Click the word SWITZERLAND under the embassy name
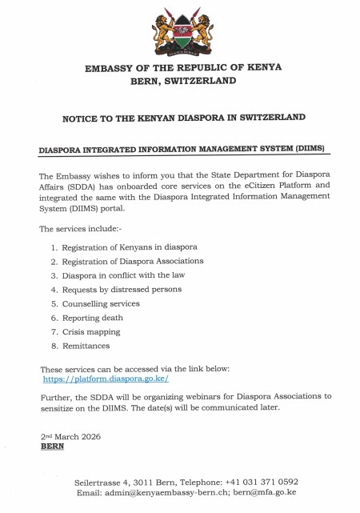(203, 81)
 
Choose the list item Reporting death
(95, 318)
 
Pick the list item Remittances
(86, 346)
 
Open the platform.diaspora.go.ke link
(106, 379)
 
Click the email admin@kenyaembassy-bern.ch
(160, 492)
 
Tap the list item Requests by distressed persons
(122, 289)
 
